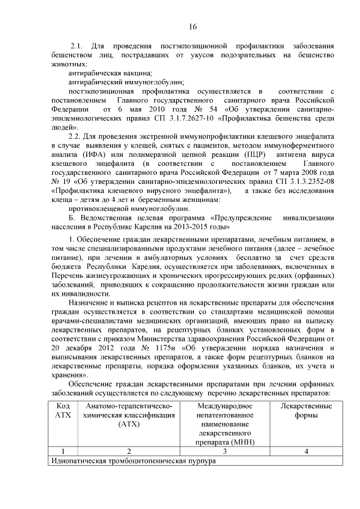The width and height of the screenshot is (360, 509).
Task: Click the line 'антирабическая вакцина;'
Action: click(110, 73)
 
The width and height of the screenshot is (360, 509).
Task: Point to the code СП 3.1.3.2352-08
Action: click(301, 182)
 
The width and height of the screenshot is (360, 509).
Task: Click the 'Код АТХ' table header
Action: click(63, 411)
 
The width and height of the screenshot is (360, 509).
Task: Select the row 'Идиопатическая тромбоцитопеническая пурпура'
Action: click(133, 461)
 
